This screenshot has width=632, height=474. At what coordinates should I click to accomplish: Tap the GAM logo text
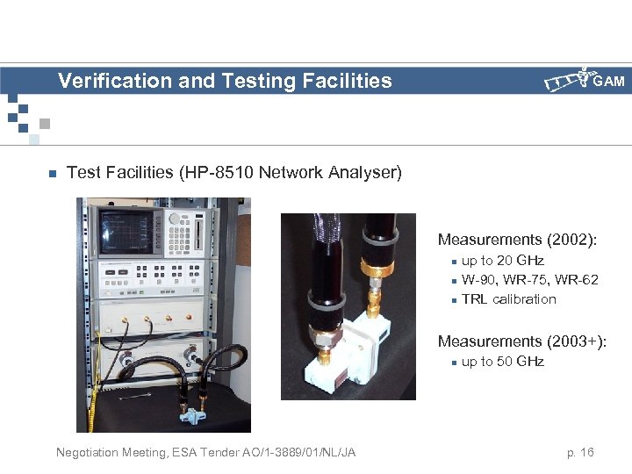click(608, 82)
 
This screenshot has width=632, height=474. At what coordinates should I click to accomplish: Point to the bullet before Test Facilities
click(53, 174)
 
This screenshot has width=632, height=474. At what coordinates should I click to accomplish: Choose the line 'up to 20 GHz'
click(502, 261)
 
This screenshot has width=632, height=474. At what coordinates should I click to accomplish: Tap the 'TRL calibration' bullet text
click(508, 299)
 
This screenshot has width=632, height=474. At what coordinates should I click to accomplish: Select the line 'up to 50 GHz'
click(502, 362)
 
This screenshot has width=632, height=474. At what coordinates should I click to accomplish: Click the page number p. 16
click(580, 452)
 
